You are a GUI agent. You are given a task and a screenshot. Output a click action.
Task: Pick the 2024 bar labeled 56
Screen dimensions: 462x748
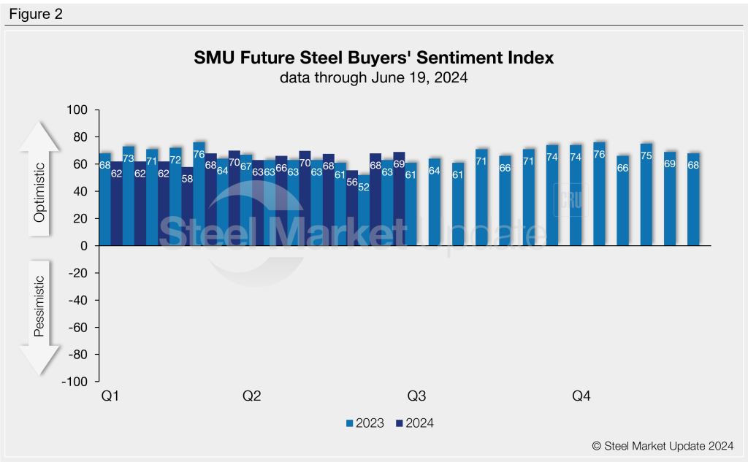pyautogui.click(x=352, y=212)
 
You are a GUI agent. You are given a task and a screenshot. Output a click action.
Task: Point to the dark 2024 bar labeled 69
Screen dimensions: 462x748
pyautogui.click(x=399, y=201)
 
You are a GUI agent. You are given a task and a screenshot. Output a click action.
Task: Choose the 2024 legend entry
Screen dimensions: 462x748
pyautogui.click(x=414, y=423)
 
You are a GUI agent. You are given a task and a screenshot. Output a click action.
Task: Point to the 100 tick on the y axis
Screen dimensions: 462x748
pyautogui.click(x=77, y=110)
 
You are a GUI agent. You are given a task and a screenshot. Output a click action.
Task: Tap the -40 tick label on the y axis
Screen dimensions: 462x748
pyautogui.click(x=76, y=300)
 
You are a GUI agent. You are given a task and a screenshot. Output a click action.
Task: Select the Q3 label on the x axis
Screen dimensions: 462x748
pyautogui.click(x=416, y=396)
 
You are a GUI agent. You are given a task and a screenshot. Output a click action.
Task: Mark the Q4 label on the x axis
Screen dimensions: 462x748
pyautogui.click(x=581, y=396)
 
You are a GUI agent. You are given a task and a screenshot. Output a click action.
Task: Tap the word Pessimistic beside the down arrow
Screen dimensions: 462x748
pyautogui.click(x=41, y=307)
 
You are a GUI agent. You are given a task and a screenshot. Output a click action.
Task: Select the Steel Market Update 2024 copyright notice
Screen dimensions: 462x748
pyautogui.click(x=663, y=444)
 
